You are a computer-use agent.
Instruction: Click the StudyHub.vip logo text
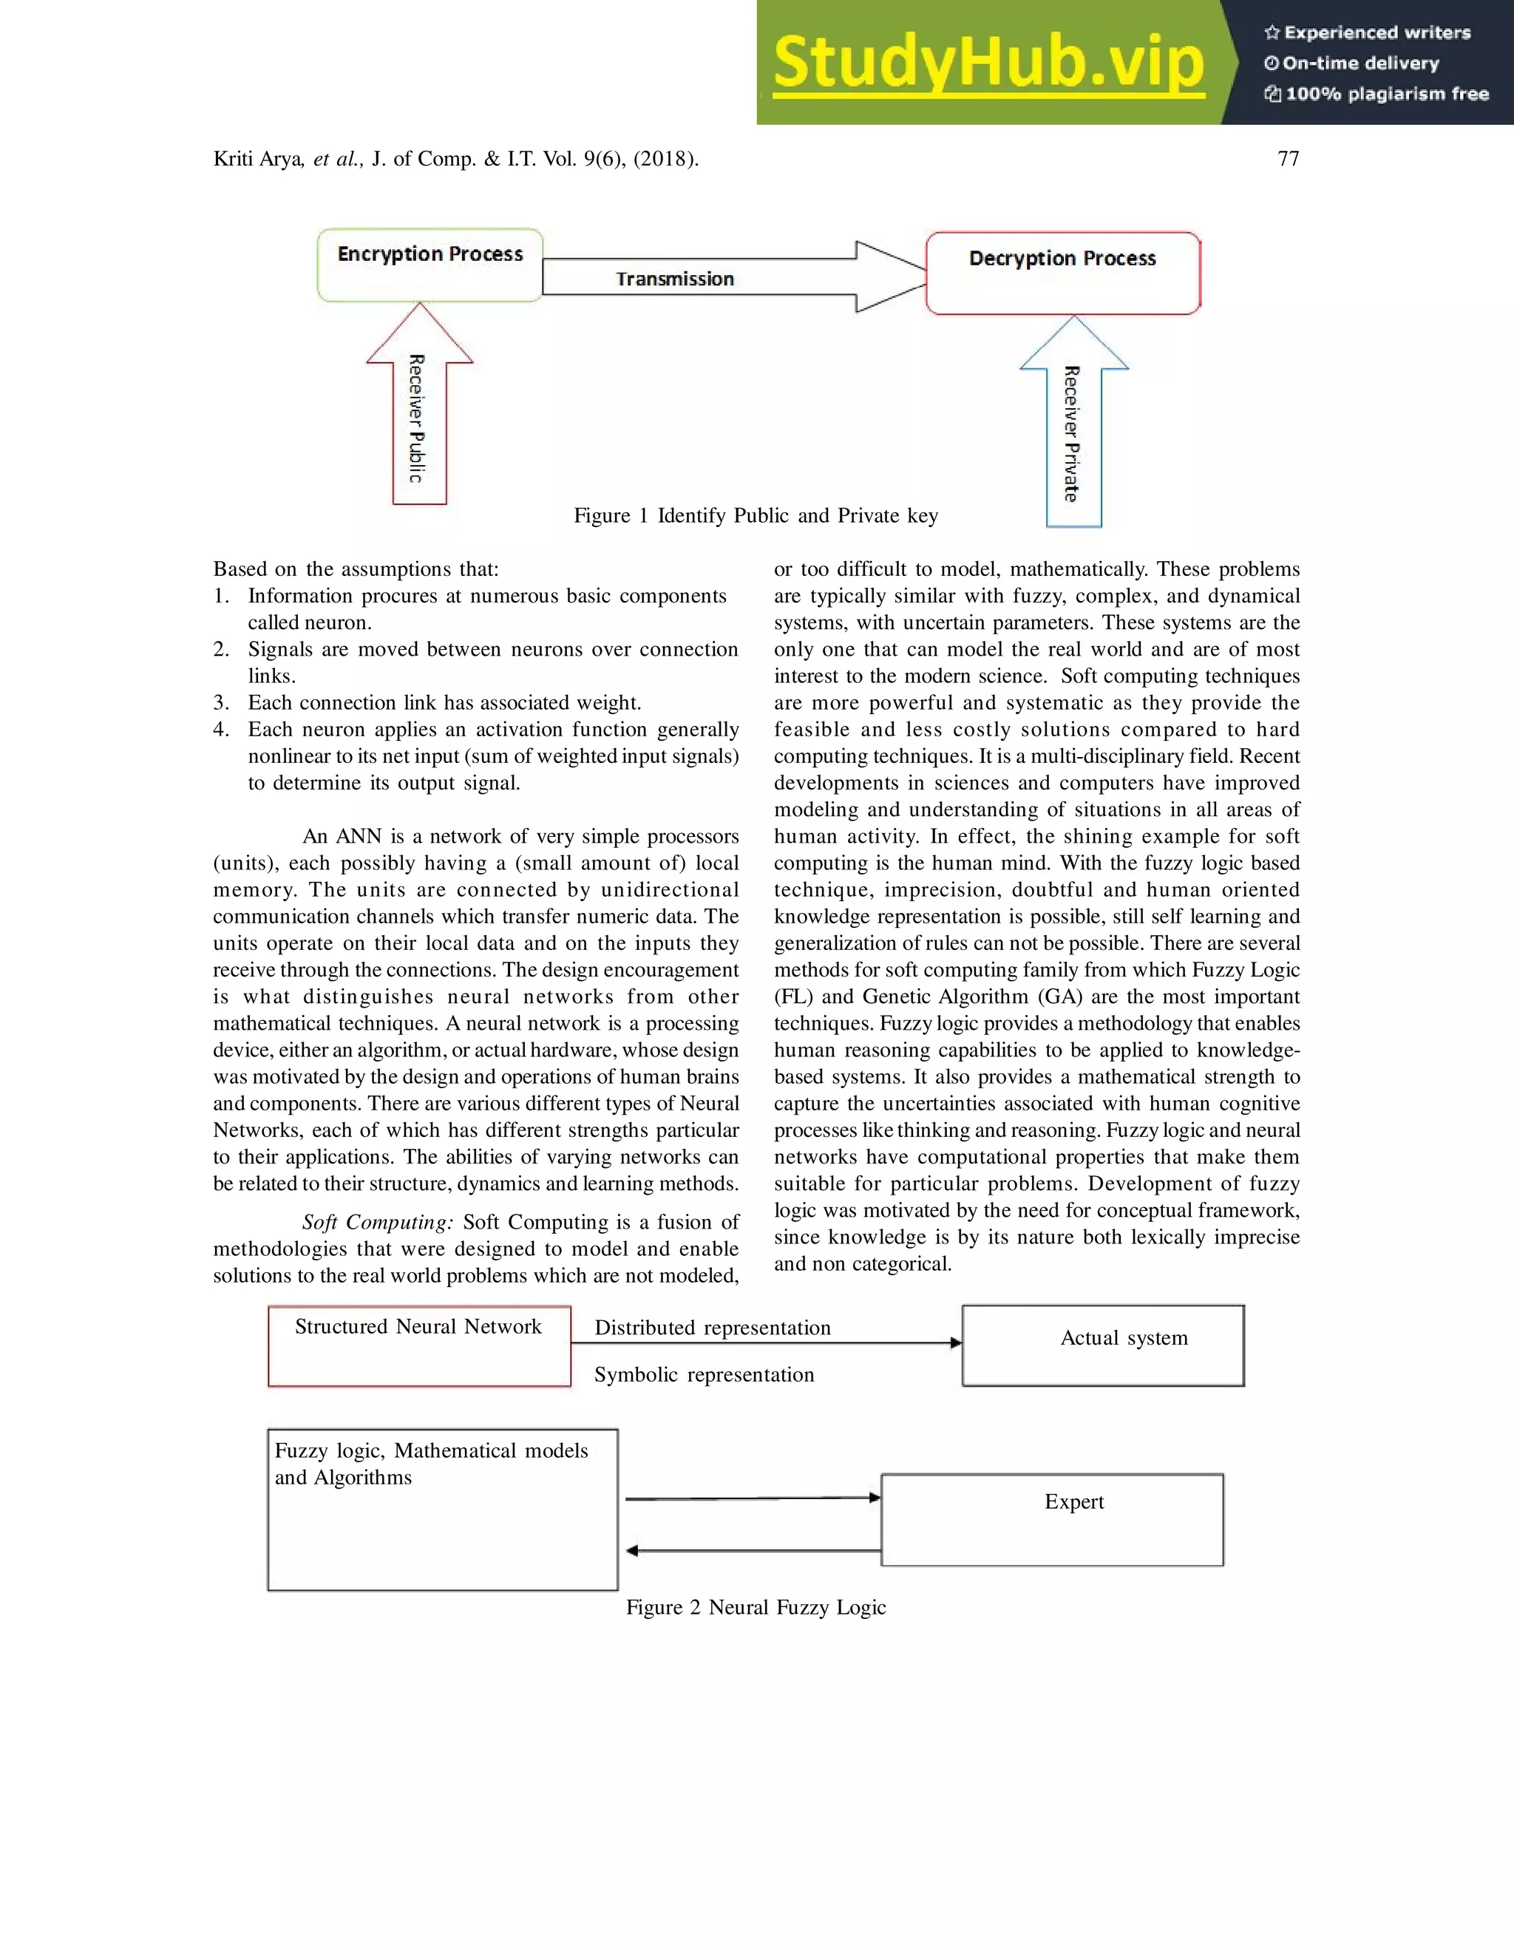pos(988,63)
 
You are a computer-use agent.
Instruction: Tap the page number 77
pos(1288,159)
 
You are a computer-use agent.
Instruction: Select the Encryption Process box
pos(430,265)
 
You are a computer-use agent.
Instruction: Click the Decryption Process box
pos(1063,274)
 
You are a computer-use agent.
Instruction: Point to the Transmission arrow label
pos(674,279)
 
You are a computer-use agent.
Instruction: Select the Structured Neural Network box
pos(419,1346)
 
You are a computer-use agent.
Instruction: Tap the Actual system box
pos(1102,1345)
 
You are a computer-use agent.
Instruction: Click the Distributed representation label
pos(712,1328)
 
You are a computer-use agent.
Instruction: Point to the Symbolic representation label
pos(704,1375)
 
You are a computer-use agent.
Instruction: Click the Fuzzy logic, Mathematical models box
pos(442,1510)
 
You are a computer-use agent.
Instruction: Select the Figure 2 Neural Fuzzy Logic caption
pos(756,1607)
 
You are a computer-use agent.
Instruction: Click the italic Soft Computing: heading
pos(378,1223)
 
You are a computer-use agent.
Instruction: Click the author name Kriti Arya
pos(258,160)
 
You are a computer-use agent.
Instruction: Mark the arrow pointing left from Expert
pos(753,1551)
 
